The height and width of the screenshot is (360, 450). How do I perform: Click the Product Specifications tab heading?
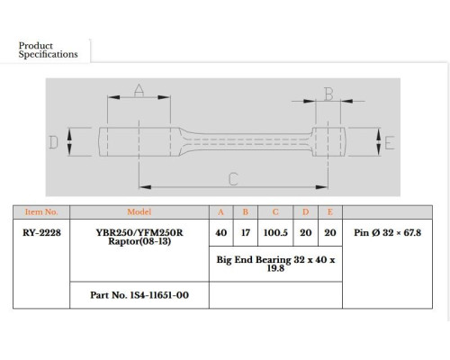[x=48, y=50]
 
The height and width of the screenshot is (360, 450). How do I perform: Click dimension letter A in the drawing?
[x=139, y=90]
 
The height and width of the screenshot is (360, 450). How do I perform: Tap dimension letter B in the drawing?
[x=328, y=94]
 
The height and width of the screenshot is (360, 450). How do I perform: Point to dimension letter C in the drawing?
[x=233, y=179]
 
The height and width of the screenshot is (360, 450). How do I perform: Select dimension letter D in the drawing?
[x=53, y=142]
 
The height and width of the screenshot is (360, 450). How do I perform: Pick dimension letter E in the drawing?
[x=390, y=143]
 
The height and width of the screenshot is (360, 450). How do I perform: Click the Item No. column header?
[x=41, y=212]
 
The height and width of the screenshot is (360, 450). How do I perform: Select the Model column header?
[x=139, y=212]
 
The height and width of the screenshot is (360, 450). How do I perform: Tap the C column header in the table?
[x=275, y=212]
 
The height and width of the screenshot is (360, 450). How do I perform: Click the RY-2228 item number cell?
[x=41, y=232]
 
